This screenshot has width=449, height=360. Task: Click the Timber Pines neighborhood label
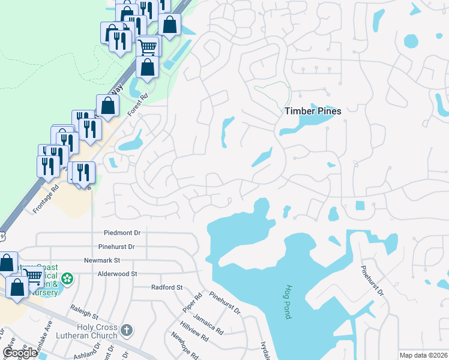click(313, 111)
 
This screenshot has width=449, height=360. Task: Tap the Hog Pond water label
click(288, 301)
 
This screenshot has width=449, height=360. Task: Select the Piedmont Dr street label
click(122, 233)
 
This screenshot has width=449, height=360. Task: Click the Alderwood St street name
click(118, 274)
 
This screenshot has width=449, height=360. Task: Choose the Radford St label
click(166, 287)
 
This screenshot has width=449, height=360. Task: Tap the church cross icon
click(126, 330)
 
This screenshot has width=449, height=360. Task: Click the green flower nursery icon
click(68, 279)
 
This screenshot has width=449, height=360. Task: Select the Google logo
click(20, 353)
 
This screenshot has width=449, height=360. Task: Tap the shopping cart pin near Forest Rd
click(148, 46)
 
